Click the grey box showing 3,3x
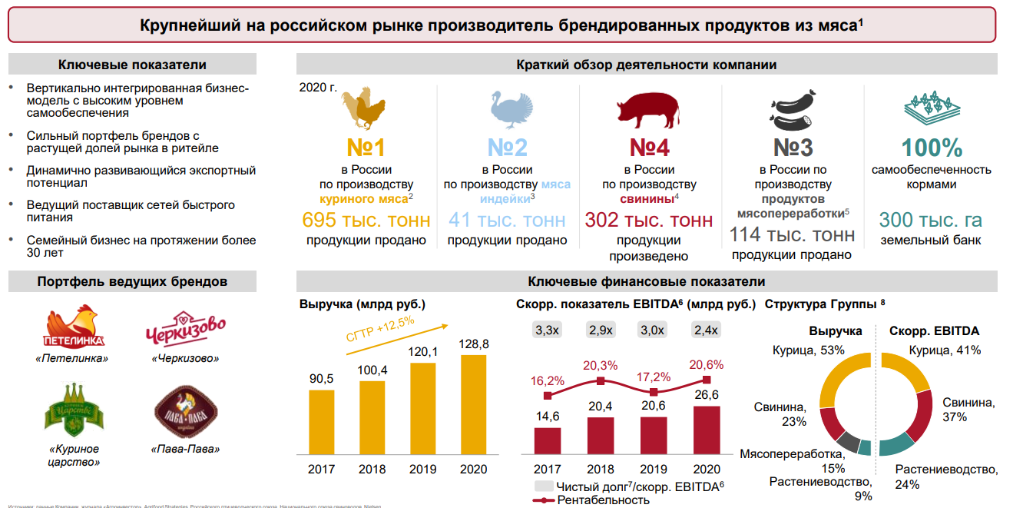click(x=548, y=330)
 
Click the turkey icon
click(x=507, y=108)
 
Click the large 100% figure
click(x=931, y=148)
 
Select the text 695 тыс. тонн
click(x=366, y=221)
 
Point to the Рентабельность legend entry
click(x=602, y=500)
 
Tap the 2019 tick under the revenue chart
click(x=422, y=470)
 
